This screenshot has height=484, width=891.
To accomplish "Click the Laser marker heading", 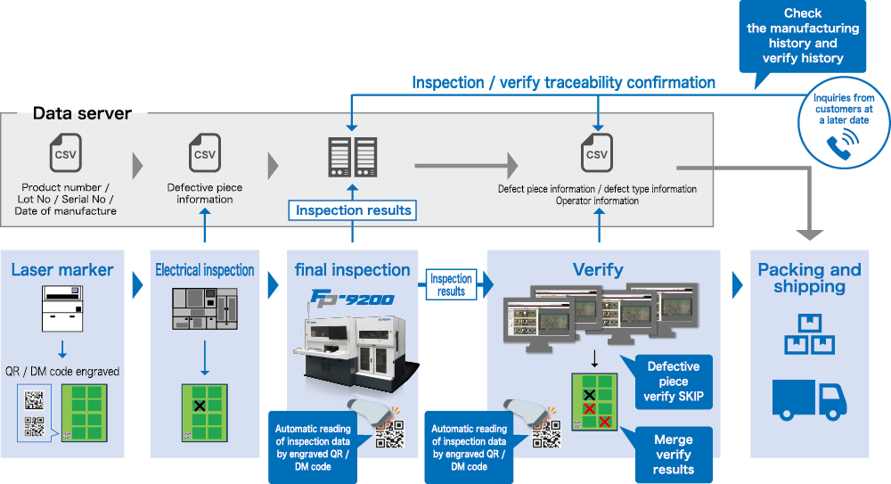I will [62, 270].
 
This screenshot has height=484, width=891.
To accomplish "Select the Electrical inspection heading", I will [205, 270].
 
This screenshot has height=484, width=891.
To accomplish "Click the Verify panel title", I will [597, 269].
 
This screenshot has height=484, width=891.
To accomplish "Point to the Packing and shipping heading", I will [809, 278].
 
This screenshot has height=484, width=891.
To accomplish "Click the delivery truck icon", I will [808, 396].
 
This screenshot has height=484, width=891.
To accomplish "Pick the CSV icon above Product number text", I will [66, 153].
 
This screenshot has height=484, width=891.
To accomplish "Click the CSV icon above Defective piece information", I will [205, 153].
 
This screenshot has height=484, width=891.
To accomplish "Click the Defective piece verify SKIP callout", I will [673, 381].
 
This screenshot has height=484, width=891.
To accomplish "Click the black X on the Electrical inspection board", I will [200, 406].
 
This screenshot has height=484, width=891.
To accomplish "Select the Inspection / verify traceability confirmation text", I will [563, 83].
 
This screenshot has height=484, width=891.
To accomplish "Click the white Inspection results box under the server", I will [353, 210].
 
